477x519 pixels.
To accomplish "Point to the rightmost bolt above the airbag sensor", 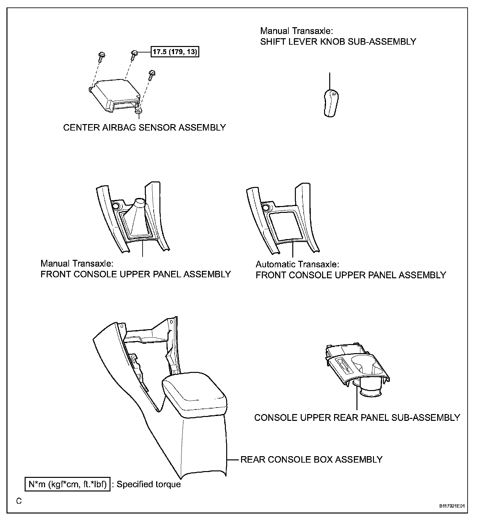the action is (151, 75).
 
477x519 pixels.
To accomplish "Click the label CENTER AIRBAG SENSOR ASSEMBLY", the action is (144, 128).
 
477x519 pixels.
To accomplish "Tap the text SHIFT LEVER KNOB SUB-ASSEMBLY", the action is (338, 42).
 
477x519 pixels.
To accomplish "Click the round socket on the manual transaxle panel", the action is (116, 205).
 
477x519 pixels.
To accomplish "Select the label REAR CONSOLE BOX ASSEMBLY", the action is (311, 459).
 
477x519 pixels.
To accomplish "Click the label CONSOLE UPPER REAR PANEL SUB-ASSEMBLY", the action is (357, 418).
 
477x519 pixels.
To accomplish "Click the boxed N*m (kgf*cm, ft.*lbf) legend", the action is (67, 484).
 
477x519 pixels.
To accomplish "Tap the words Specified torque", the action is (148, 484).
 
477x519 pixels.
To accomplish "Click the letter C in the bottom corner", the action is (19, 501).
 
